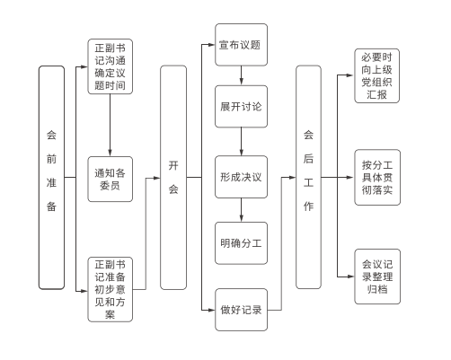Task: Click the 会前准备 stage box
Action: (x=51, y=178)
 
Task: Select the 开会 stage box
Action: (x=173, y=178)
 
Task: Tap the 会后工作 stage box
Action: (x=308, y=177)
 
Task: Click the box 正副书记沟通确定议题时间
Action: (x=110, y=66)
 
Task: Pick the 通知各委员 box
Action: (x=110, y=179)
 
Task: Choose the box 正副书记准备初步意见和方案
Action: (x=110, y=289)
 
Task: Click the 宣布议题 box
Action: (x=241, y=45)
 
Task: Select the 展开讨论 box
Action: (x=241, y=107)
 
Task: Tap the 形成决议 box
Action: (x=241, y=177)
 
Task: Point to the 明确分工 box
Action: (x=241, y=243)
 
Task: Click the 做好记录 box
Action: (x=241, y=310)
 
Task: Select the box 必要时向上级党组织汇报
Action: (x=376, y=76)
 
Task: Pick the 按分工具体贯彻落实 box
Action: (x=377, y=178)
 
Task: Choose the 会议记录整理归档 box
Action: (x=377, y=277)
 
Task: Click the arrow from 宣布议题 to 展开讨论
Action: (x=241, y=75)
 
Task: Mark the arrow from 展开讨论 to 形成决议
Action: (x=241, y=142)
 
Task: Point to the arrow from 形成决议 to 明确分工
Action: (x=241, y=210)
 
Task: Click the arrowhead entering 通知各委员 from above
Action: (x=110, y=153)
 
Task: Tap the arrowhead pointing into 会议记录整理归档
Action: (x=350, y=277)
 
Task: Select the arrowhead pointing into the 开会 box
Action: (x=156, y=178)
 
